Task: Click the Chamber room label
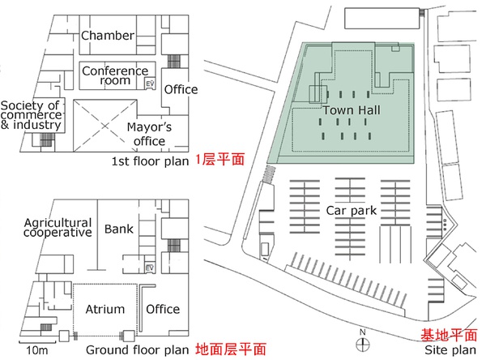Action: tap(108, 36)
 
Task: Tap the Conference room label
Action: tap(115, 75)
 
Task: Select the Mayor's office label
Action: tap(149, 134)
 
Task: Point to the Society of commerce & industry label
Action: tap(31, 115)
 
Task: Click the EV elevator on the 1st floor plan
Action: tap(150, 84)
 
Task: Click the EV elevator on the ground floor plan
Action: tap(150, 268)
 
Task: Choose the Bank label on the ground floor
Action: tap(119, 229)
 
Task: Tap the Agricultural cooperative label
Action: tap(58, 228)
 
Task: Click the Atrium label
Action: tap(105, 309)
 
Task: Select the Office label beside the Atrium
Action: tap(163, 309)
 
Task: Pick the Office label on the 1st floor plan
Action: tap(181, 89)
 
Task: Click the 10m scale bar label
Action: tap(37, 350)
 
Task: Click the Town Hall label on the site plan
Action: tap(352, 110)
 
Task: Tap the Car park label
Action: tap(352, 211)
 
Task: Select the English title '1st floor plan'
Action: tap(150, 161)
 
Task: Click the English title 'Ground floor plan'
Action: tap(138, 350)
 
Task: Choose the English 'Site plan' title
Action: tap(450, 350)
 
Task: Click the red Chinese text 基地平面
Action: tap(449, 335)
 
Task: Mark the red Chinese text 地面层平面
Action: tap(231, 349)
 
